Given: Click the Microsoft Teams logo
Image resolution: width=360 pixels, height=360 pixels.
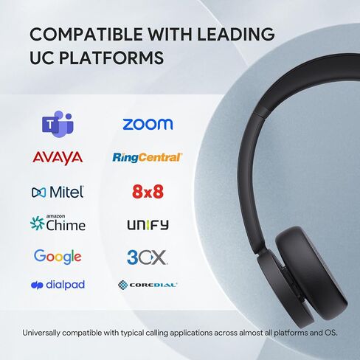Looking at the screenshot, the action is point(58,124).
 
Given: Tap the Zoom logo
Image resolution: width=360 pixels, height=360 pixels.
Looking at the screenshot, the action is point(148,124).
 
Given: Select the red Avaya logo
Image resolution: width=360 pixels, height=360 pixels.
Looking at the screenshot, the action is point(58,158).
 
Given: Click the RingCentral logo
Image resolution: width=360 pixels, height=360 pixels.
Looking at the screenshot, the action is point(148,157).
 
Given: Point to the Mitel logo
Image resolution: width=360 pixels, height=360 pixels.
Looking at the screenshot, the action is point(58,192).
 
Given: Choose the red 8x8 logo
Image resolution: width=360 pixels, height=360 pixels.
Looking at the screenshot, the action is point(148,192).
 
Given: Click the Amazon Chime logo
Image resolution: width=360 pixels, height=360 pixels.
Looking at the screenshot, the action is point(58,223).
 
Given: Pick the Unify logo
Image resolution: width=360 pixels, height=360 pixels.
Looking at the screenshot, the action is point(148,225).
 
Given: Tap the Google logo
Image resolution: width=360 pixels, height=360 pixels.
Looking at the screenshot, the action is point(58,257).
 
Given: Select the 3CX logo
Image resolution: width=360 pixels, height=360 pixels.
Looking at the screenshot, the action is point(147,257).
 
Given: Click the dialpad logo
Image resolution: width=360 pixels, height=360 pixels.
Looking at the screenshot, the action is point(58,285).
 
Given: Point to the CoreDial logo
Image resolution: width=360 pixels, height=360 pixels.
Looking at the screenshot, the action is point(148,285).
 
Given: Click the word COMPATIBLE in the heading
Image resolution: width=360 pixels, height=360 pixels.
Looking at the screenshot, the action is point(86,34).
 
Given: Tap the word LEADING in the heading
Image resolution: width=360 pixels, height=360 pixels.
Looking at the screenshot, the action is point(236,34).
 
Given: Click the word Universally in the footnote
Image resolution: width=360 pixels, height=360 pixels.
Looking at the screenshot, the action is point(41,333).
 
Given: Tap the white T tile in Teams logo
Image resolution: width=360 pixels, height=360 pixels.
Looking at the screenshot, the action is point(50,125).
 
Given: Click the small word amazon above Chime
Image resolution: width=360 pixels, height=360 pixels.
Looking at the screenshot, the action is point(55,216).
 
